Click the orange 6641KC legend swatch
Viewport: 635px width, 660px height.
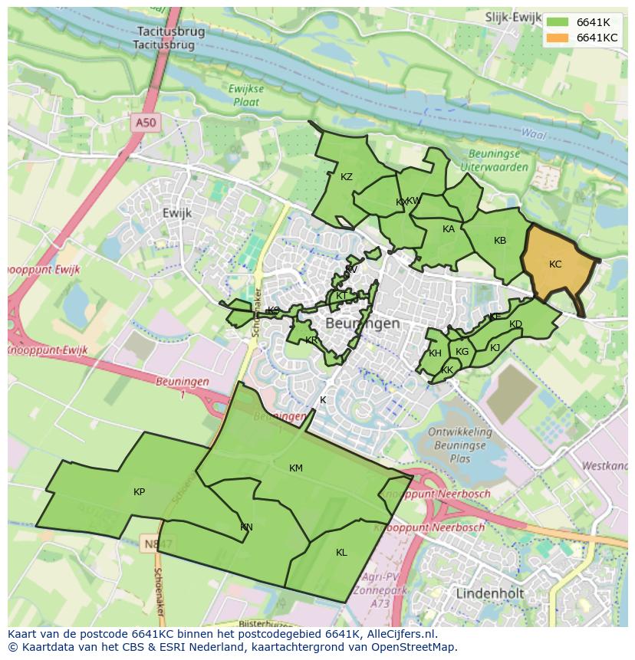click(x=558, y=38)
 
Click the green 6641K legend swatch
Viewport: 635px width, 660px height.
click(x=558, y=22)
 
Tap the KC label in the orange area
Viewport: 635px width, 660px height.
click(x=555, y=264)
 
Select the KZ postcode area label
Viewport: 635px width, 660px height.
click(x=347, y=177)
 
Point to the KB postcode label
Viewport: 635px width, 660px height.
click(x=500, y=241)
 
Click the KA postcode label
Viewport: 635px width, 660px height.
click(x=449, y=229)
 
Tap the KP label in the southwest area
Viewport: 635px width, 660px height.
click(x=139, y=492)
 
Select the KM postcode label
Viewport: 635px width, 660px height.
click(x=296, y=468)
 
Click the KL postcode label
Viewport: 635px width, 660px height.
click(x=341, y=553)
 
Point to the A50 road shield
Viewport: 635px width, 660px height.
click(x=144, y=122)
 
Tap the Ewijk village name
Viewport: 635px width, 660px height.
click(x=177, y=212)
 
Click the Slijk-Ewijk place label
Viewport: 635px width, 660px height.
click(x=513, y=16)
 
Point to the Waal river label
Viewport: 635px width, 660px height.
click(x=533, y=133)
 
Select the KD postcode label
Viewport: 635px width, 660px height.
click(x=515, y=324)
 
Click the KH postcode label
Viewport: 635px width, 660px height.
click(x=435, y=353)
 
